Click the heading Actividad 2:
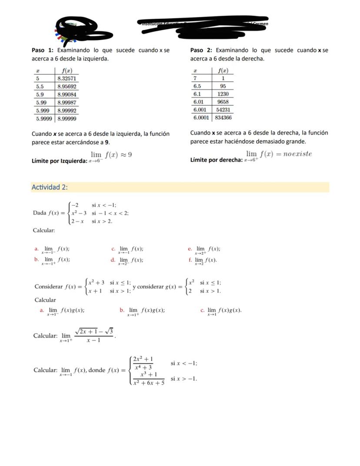50,187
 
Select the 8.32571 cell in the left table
67,79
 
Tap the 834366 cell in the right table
223,117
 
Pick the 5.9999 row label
44,118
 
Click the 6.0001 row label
201,117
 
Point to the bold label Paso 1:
43,50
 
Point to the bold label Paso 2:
201,50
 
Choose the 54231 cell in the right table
223,110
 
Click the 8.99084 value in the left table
67,94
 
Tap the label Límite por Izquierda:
60,161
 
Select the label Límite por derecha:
217,160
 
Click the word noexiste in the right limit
297,154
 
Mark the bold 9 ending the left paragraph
107,142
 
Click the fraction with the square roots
94,335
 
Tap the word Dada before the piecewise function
40,213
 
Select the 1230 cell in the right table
223,94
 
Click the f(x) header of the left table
67,70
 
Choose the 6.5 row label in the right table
197,86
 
